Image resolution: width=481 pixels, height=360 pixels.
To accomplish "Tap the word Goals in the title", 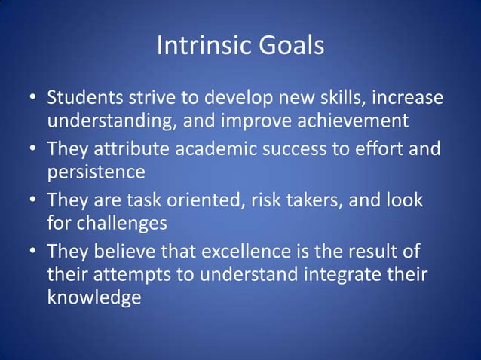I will [x=292, y=47].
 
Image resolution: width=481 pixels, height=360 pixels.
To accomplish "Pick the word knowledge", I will [x=93, y=297].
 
